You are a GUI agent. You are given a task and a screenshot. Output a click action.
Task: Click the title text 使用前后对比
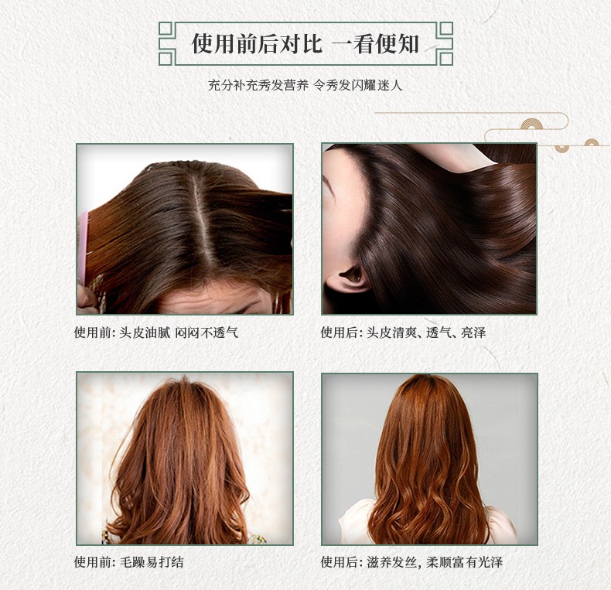[257, 43]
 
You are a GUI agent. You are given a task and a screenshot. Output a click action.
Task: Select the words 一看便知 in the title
[375, 43]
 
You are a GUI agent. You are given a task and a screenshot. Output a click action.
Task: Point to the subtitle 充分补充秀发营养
[258, 85]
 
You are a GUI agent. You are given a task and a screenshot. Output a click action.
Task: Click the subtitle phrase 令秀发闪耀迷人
[358, 85]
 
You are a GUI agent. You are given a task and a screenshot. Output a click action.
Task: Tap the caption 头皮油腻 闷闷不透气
[179, 333]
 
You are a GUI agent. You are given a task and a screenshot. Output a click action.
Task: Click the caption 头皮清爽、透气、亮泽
[426, 333]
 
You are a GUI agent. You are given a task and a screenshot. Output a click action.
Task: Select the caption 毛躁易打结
[151, 562]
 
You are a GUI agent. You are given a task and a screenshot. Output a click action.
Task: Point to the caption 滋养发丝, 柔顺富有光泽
[435, 562]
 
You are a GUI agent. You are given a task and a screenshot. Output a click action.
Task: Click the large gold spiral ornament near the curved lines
[531, 124]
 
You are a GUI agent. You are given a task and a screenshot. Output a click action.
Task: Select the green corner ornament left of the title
[166, 43]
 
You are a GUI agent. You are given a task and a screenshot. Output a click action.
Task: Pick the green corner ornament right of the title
[445, 43]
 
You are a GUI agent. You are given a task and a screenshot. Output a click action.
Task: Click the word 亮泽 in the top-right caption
[474, 333]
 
